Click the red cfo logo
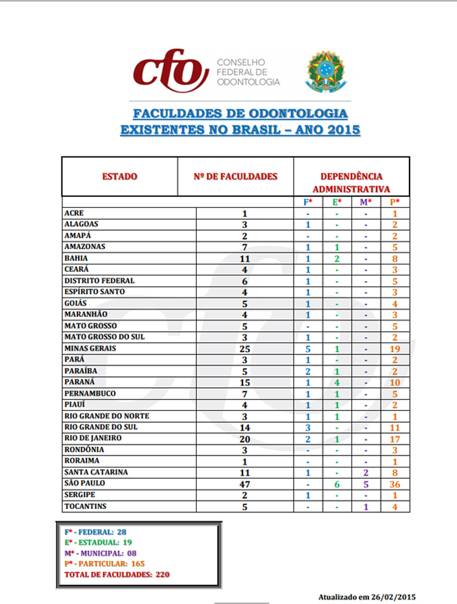coord(167,72)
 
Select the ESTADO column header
coord(119,177)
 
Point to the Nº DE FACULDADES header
coord(235,177)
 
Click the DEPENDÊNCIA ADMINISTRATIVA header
coord(352,182)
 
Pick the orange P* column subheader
coord(395,202)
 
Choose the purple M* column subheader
coord(366,202)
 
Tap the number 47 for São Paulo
coord(244,484)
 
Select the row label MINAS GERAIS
coord(90,349)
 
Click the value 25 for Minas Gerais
coord(244,349)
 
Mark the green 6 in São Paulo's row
coord(337,484)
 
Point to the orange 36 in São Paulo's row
coord(395,484)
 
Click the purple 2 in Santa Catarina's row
coord(366,472)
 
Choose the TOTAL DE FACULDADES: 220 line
coord(117,574)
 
